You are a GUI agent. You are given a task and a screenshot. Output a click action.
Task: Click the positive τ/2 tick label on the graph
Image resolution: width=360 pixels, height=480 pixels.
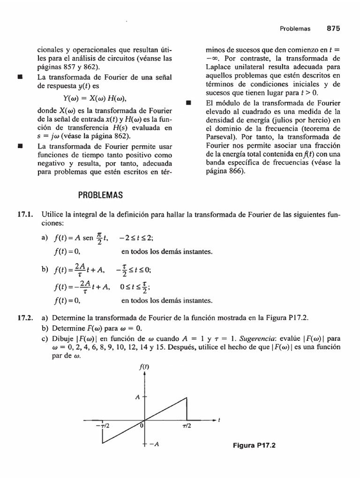coord(186,426)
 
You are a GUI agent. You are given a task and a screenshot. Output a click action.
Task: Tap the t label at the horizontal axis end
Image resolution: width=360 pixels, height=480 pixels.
coord(219,420)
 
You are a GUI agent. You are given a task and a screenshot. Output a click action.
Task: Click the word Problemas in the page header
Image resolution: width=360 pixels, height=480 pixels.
coord(295,29)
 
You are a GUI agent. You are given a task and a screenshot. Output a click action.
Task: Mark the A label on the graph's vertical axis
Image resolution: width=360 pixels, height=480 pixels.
coord(138,397)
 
